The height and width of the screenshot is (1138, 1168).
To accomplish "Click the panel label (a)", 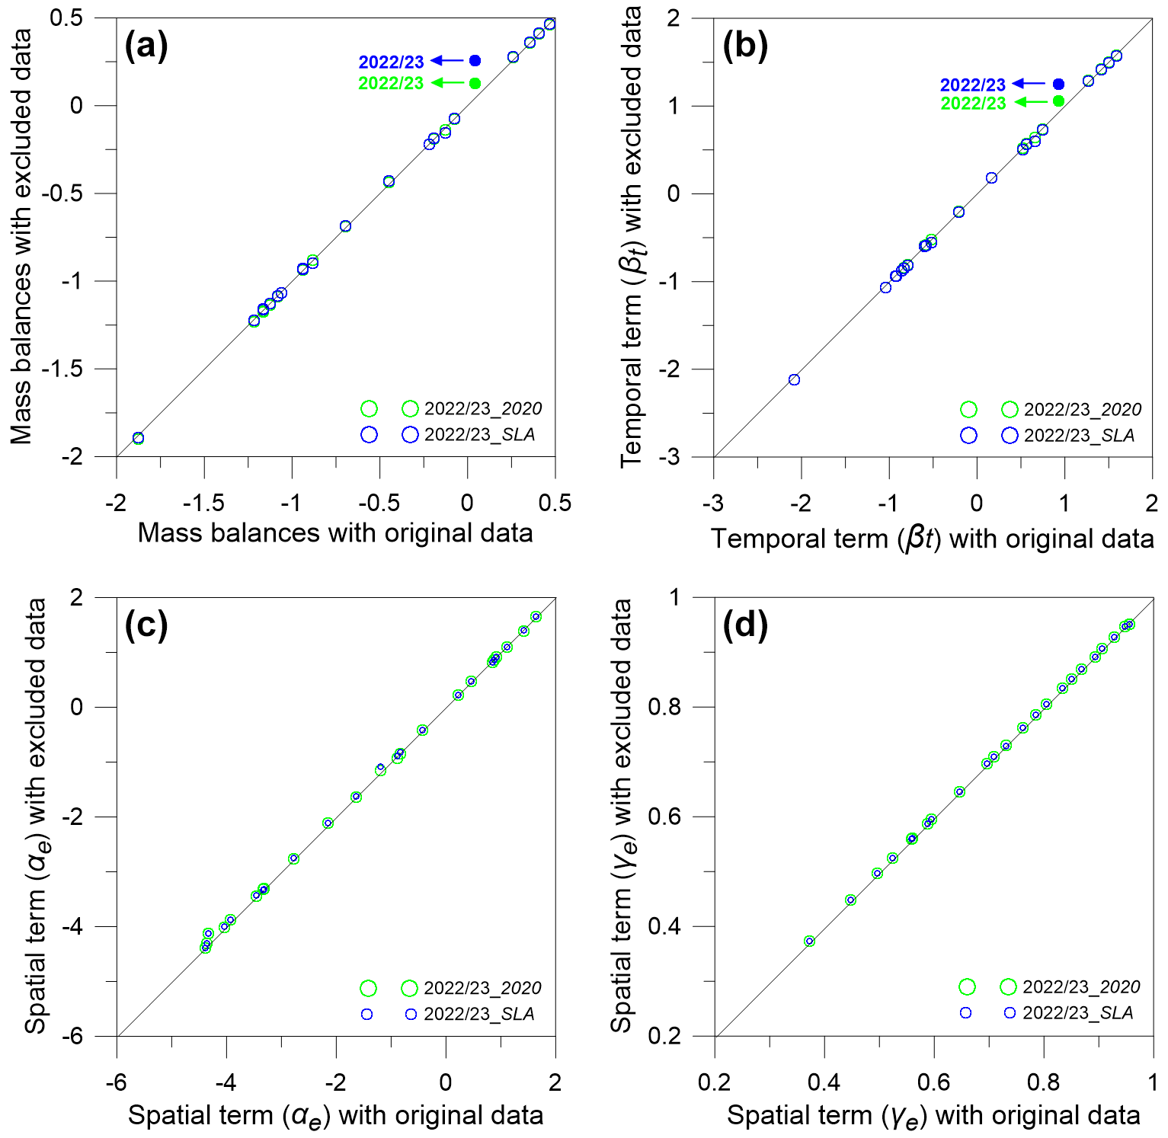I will point(146,46).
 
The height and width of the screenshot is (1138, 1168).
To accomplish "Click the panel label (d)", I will point(744,625).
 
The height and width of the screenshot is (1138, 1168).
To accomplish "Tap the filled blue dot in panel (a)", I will point(475,60).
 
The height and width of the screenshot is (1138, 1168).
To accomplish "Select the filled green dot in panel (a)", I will point(475,83).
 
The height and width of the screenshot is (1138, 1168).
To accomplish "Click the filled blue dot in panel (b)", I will point(1058,84).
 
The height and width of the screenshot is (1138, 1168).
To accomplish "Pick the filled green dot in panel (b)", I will point(1058,101).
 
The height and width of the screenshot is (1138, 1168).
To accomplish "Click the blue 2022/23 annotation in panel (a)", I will point(391,62).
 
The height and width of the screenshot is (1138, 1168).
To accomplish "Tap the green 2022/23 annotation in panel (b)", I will point(973,104).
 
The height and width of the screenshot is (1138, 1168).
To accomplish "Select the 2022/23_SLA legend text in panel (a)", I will point(480,435).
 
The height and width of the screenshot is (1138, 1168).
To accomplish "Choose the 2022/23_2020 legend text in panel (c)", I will point(482,988).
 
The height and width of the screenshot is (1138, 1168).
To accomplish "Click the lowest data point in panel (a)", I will point(138,438).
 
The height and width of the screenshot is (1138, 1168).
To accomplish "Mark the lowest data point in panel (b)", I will point(794,379).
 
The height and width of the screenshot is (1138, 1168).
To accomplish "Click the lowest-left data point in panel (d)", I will point(809,941).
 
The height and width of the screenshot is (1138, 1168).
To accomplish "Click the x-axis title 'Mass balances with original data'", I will point(335,532).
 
